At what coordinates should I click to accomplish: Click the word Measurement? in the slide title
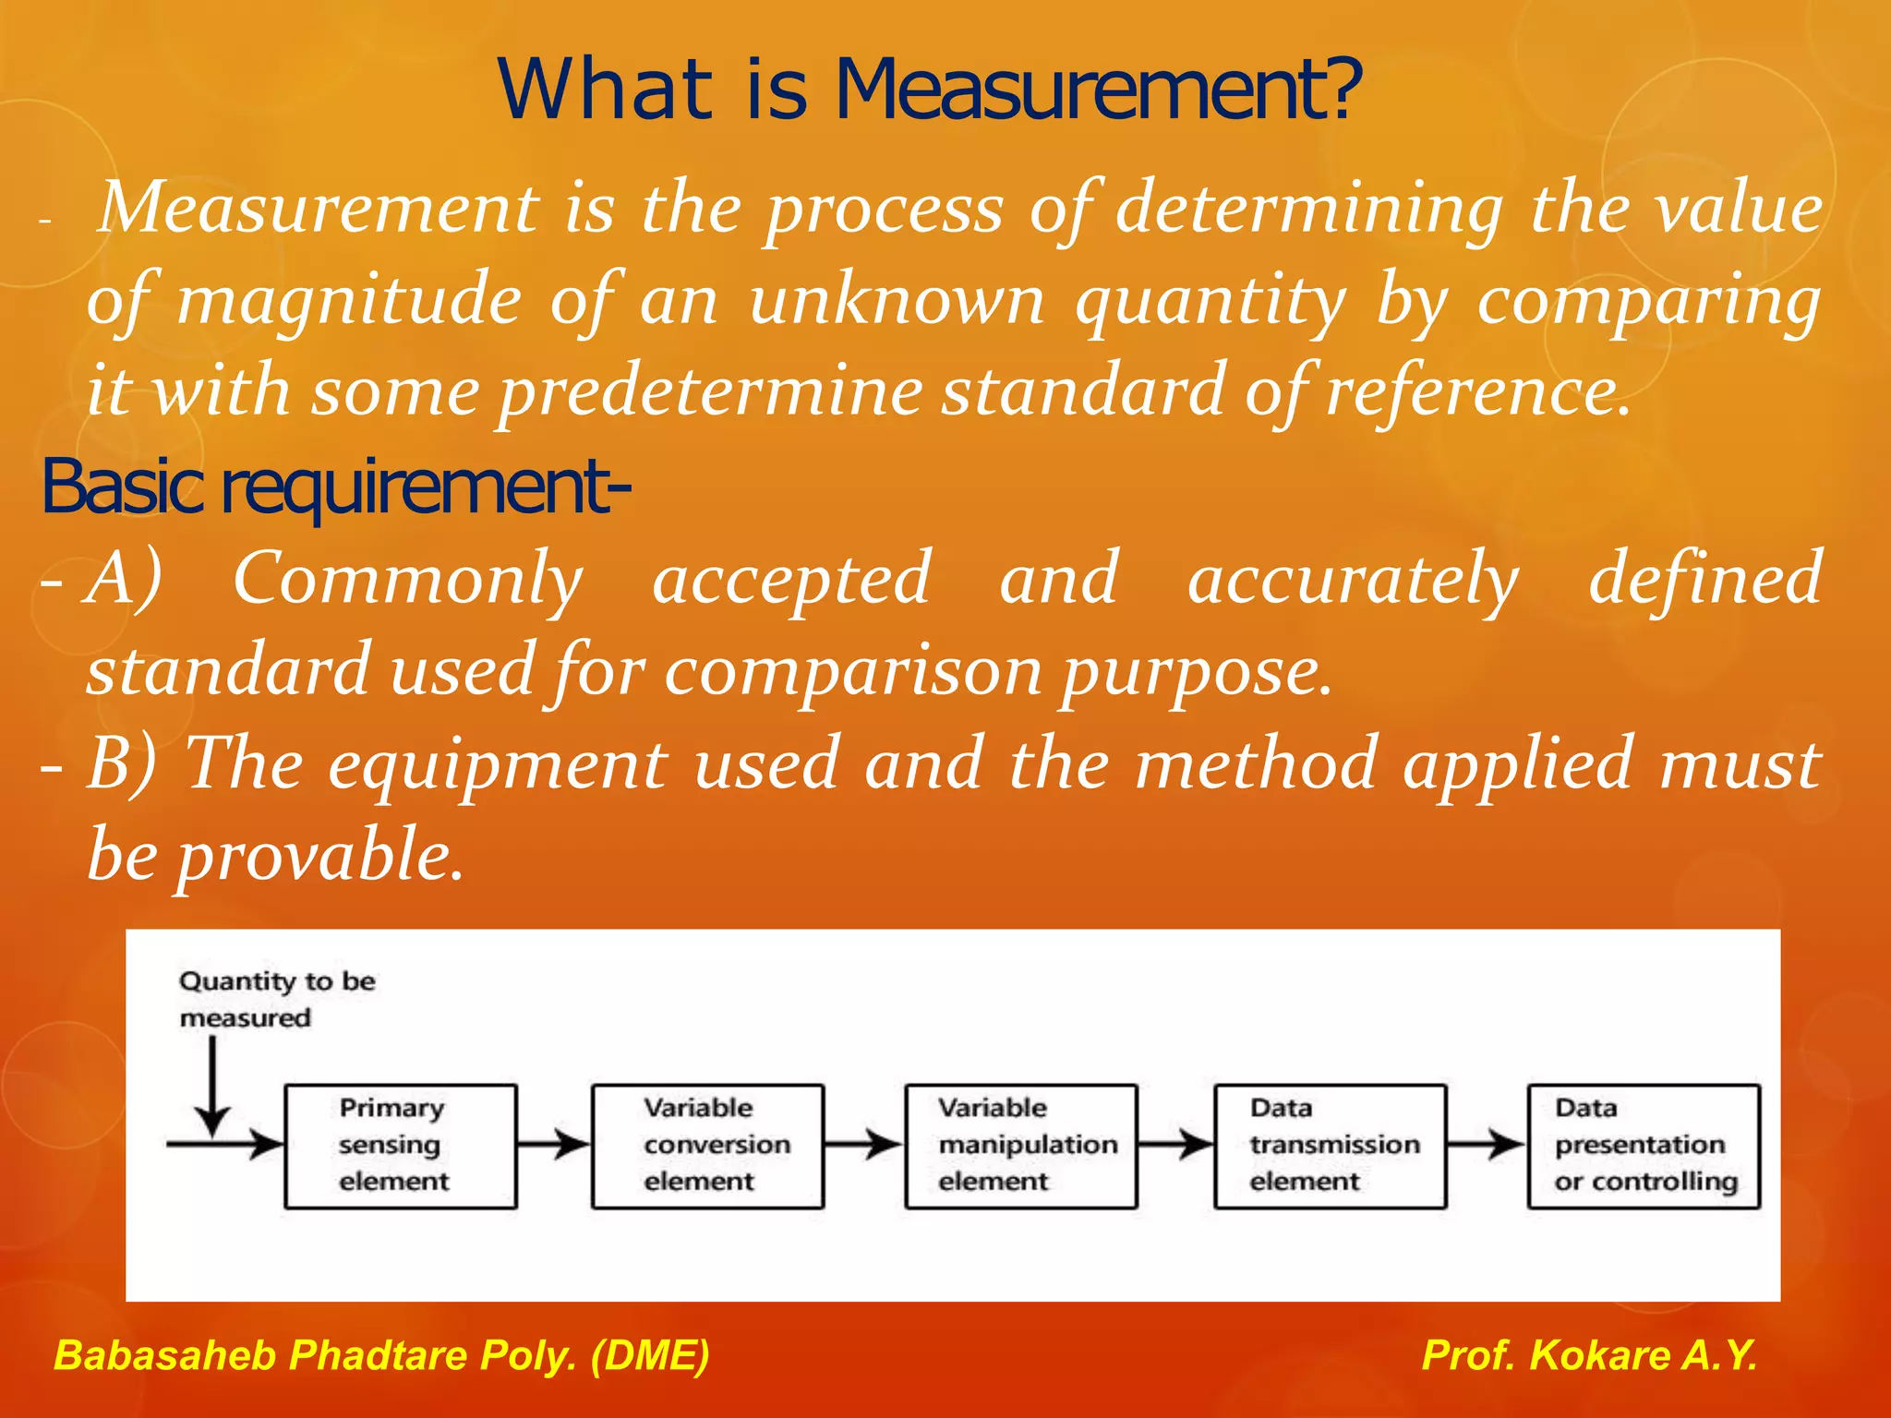(x=1099, y=90)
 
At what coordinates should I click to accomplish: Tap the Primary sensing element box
(x=400, y=1146)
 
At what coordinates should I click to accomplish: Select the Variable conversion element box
(x=707, y=1146)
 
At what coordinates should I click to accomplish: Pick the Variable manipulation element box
(x=1020, y=1146)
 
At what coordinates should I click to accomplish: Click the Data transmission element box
(x=1330, y=1146)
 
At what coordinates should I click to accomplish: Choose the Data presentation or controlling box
(x=1644, y=1146)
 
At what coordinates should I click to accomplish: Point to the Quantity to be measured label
(x=276, y=999)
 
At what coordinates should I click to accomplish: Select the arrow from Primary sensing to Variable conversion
(x=553, y=1145)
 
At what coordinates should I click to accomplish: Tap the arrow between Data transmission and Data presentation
(x=1486, y=1145)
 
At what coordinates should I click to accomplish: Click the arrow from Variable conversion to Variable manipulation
(x=863, y=1145)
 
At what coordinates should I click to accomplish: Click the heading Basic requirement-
(x=336, y=487)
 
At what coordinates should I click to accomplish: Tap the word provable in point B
(x=319, y=855)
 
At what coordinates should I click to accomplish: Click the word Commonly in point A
(x=407, y=579)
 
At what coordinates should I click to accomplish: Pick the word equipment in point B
(x=498, y=763)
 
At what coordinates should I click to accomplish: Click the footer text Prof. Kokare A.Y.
(x=1589, y=1354)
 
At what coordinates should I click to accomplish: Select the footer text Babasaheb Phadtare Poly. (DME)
(x=381, y=1354)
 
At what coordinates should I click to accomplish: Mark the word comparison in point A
(x=853, y=671)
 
